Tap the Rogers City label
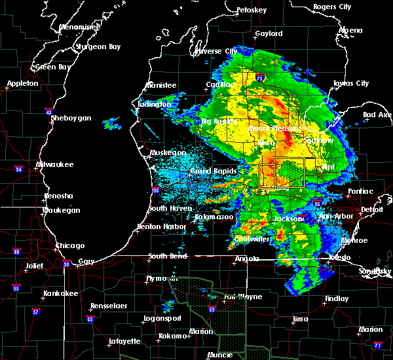click(x=332, y=7)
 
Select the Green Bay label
click(x=54, y=67)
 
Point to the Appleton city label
click(x=23, y=84)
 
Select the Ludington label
click(x=155, y=104)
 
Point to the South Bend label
click(x=168, y=256)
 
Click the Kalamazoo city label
click(x=214, y=217)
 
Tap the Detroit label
click(x=371, y=209)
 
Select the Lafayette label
click(x=124, y=341)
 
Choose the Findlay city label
click(x=337, y=298)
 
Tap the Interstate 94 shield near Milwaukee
click(x=20, y=169)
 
